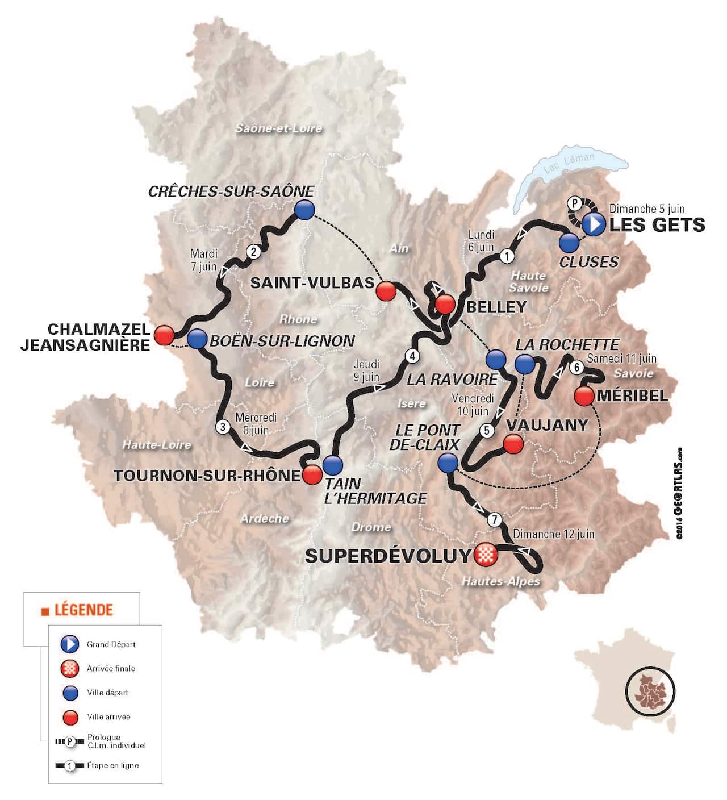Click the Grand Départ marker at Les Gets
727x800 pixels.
coord(594,224)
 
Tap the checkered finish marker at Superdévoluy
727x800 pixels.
coord(486,554)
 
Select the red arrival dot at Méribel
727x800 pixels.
coord(584,395)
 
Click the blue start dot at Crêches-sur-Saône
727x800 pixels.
coord(304,210)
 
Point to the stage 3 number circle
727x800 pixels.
coord(223,427)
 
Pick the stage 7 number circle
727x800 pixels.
coord(495,519)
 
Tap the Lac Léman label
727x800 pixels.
coord(569,163)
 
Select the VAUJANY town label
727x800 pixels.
coord(546,425)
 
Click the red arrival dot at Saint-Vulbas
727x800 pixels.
coord(386,290)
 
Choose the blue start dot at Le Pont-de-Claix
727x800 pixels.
coord(448,463)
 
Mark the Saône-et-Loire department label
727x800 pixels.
coord(278,128)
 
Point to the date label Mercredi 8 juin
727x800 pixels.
coord(256,424)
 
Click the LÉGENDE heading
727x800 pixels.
coord(83,610)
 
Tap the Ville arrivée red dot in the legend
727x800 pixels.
coord(69,717)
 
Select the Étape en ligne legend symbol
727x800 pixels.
coord(69,766)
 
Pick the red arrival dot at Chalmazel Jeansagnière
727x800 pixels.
coord(164,335)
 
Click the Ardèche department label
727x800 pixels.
coord(265,518)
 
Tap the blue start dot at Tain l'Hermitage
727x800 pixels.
coord(332,465)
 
